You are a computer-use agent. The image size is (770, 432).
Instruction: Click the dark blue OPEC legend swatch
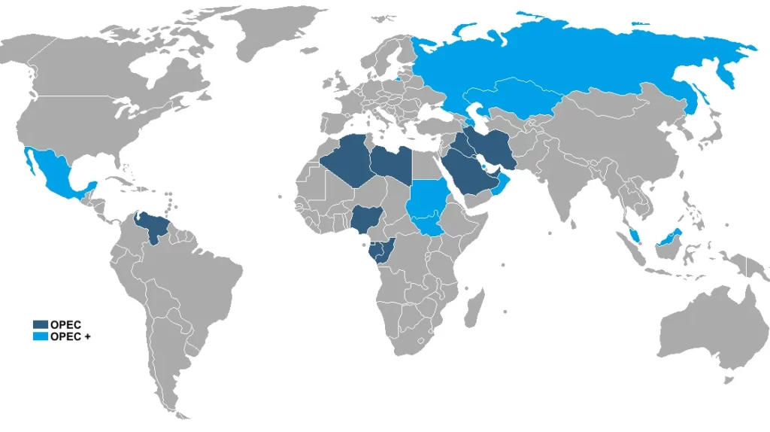(39, 324)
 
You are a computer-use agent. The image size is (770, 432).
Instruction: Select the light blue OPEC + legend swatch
(39, 336)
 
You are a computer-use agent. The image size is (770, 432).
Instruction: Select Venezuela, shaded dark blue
(154, 225)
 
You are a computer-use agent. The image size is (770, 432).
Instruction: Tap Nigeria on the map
(366, 220)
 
